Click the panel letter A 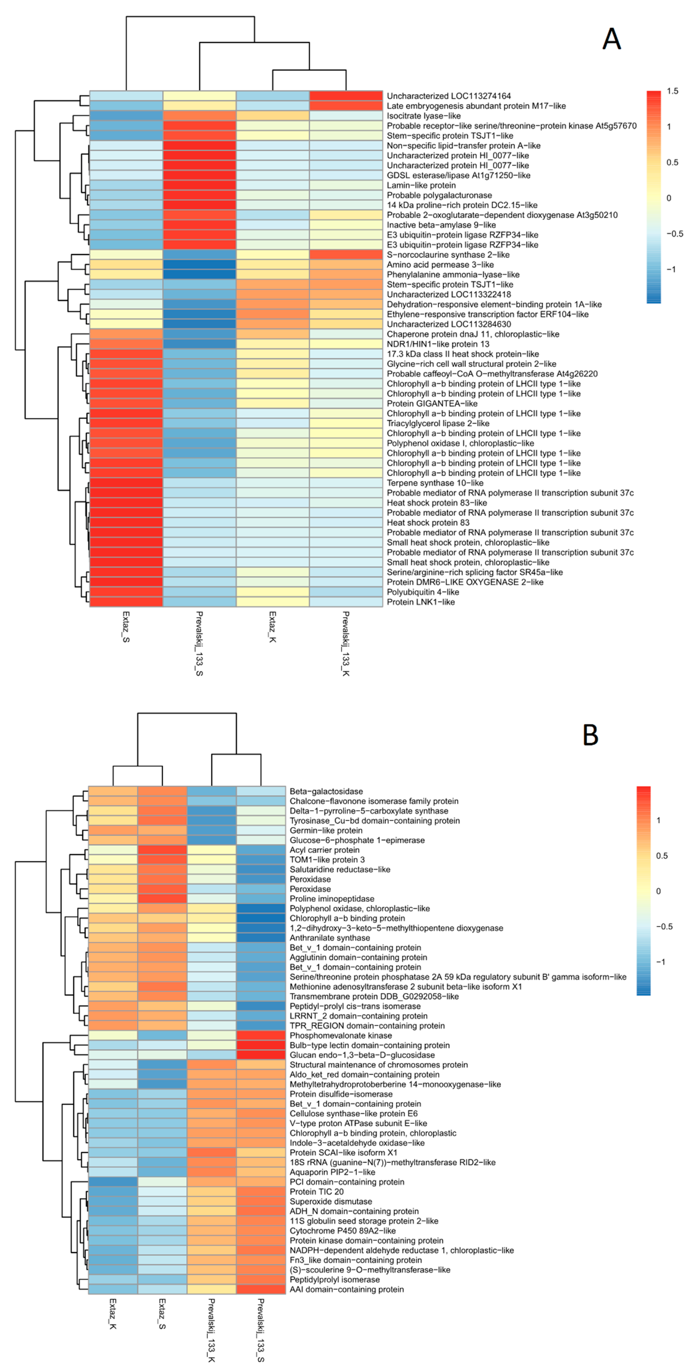point(611,39)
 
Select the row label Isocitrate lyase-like point(423,116)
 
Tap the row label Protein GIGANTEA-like point(432,404)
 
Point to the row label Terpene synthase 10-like point(435,483)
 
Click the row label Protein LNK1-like point(420,602)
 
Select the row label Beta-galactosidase point(326,791)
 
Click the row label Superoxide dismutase point(331,1201)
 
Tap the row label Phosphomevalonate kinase point(340,1036)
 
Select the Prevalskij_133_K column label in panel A point(346,644)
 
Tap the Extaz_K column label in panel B point(113,1314)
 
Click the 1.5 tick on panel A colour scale point(672,91)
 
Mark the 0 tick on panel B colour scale point(658,891)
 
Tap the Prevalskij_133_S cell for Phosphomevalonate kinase point(261,1036)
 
